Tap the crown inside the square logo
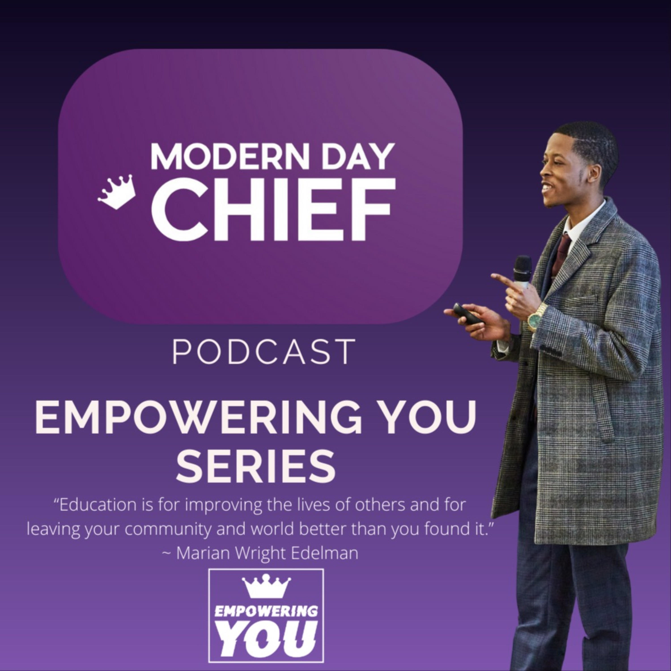click(x=266, y=586)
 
